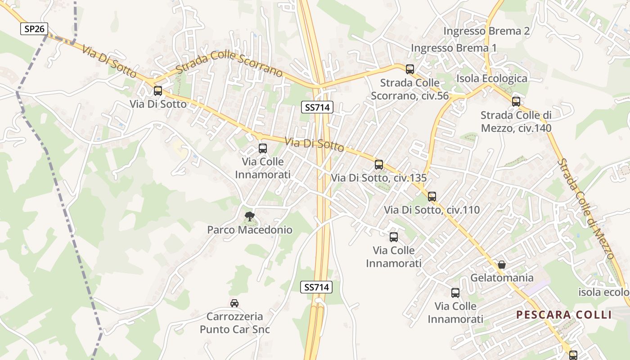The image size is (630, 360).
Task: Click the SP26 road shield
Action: (34, 29)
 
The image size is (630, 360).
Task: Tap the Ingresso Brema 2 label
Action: (486, 31)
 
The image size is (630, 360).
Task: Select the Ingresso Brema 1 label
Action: (454, 48)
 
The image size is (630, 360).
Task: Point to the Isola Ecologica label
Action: (492, 79)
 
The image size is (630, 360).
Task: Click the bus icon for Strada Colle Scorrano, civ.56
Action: (410, 69)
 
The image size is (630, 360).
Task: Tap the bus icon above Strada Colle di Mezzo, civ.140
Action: (516, 102)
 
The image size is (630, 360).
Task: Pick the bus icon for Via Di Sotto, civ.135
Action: (379, 165)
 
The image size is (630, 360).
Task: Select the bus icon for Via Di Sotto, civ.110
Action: (432, 197)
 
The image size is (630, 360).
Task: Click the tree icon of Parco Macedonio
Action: (249, 217)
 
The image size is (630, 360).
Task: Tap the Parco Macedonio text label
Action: (250, 230)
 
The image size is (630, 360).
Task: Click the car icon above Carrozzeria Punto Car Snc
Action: (234, 303)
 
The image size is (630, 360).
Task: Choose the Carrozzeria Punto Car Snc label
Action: (235, 323)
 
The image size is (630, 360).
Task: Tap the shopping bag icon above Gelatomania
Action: (502, 265)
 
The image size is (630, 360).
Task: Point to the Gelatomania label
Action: (502, 278)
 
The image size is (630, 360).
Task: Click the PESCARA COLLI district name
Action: (564, 315)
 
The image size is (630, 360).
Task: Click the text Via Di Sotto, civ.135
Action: (378, 178)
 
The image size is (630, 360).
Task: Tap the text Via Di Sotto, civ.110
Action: (432, 210)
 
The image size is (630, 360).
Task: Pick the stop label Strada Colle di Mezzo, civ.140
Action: (516, 121)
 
